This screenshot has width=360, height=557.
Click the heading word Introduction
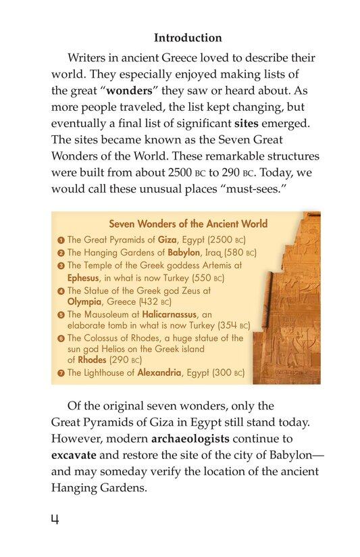click(x=188, y=38)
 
